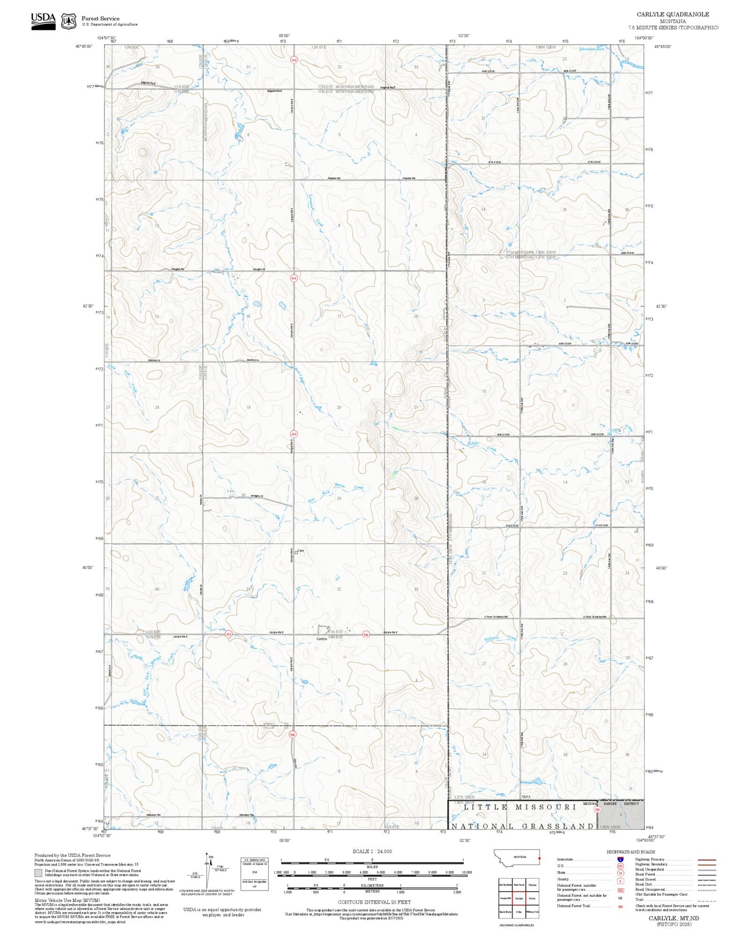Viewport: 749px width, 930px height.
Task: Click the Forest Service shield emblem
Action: pyautogui.click(x=68, y=21)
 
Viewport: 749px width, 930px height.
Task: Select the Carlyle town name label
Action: pyautogui.click(x=322, y=639)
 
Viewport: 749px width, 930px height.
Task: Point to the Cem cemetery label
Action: pyautogui.click(x=300, y=551)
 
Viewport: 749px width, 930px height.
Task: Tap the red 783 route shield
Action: pyautogui.click(x=597, y=810)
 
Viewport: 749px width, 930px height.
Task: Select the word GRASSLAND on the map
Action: pyautogui.click(x=558, y=826)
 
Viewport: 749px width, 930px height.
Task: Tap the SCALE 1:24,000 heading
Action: pyautogui.click(x=372, y=851)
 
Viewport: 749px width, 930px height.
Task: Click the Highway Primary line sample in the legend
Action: pyautogui.click(x=706, y=859)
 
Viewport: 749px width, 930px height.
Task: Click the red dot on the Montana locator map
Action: pyautogui.click(x=539, y=858)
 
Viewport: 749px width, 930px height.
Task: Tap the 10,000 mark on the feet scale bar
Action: pyautogui.click(x=467, y=872)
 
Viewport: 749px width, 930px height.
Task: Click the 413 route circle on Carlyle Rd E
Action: pyautogui.click(x=228, y=634)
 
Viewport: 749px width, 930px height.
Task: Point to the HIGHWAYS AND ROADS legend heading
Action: pyautogui.click(x=631, y=852)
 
